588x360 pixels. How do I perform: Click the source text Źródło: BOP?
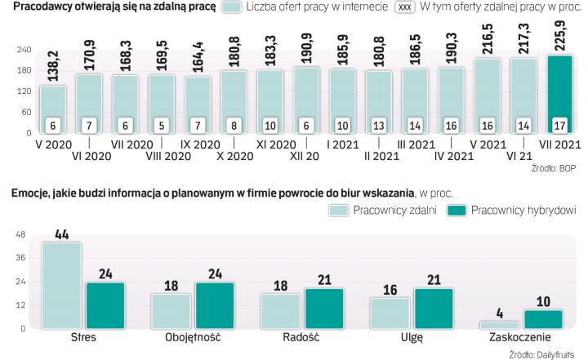click(x=557, y=168)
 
